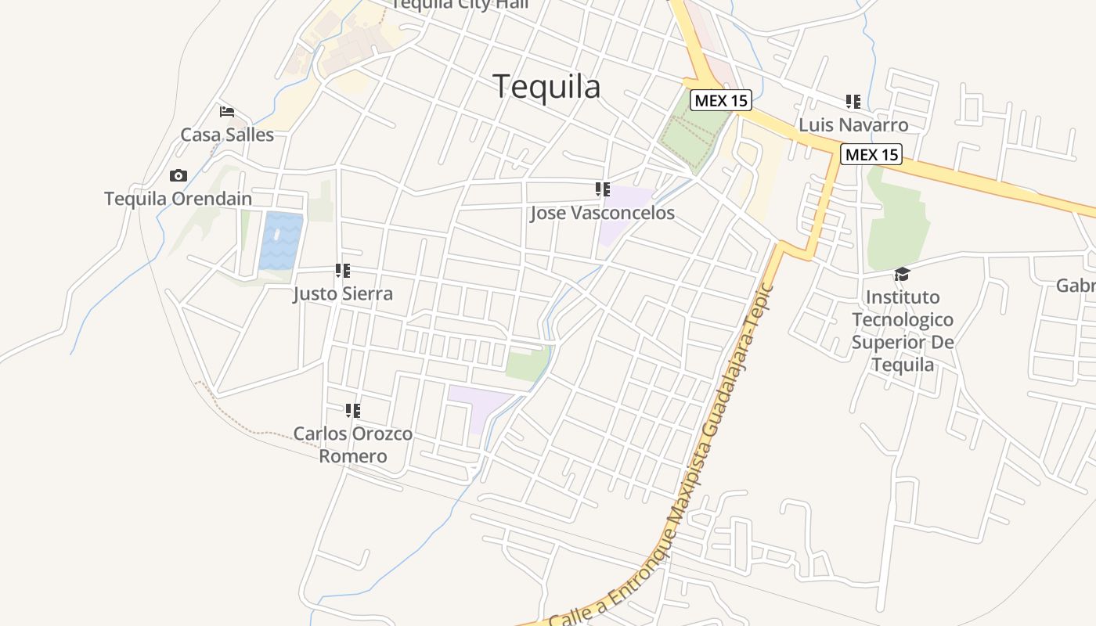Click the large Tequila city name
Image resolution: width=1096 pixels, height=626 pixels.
pyautogui.click(x=547, y=87)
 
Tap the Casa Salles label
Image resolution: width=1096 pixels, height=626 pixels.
pyautogui.click(x=227, y=135)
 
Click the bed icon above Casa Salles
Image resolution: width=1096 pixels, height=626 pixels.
pyautogui.click(x=227, y=111)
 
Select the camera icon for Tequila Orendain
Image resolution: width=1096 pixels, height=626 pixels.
pyautogui.click(x=178, y=175)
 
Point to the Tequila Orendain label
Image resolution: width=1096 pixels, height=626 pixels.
pyautogui.click(x=178, y=199)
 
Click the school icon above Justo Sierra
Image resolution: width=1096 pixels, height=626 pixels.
pyautogui.click(x=343, y=271)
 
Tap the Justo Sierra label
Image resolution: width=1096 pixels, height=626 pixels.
pyautogui.click(x=343, y=294)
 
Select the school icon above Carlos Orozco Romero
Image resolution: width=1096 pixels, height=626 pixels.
pyautogui.click(x=353, y=410)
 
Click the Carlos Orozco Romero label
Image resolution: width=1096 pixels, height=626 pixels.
pyautogui.click(x=353, y=444)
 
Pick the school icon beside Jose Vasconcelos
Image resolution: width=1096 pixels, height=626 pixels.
pyautogui.click(x=602, y=189)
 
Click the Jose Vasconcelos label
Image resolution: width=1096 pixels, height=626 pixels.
pyautogui.click(x=602, y=213)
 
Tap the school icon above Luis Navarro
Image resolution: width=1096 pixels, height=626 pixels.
pyautogui.click(x=853, y=101)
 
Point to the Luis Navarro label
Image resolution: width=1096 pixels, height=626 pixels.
pyautogui.click(x=853, y=125)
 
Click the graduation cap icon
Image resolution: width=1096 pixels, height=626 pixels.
pyautogui.click(x=903, y=274)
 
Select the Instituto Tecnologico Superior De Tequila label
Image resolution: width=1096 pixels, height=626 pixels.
pyautogui.click(x=903, y=331)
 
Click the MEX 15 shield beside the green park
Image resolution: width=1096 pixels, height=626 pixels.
pyautogui.click(x=721, y=100)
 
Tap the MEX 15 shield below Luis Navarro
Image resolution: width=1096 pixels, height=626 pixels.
pyautogui.click(x=871, y=154)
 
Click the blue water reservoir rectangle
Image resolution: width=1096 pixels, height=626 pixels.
pyautogui.click(x=281, y=241)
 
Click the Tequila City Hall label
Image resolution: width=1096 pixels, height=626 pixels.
pyautogui.click(x=460, y=5)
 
